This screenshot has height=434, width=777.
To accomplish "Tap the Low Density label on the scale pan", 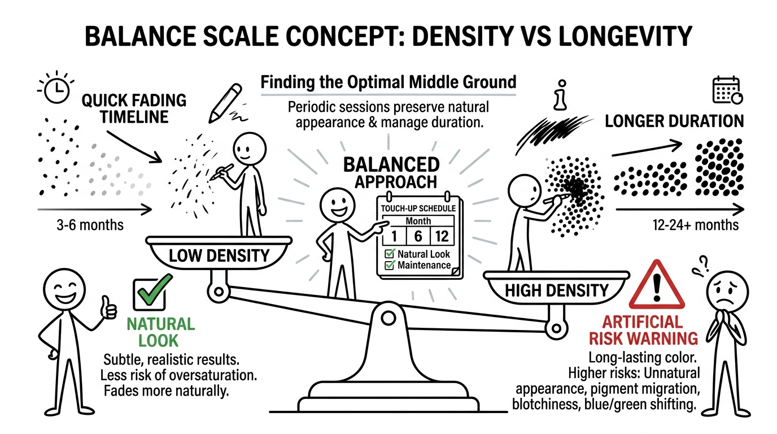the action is pyautogui.click(x=219, y=255).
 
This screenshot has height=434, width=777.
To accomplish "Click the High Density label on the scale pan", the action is pyautogui.click(x=556, y=290).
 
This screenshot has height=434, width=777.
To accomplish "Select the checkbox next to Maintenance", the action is pyautogui.click(x=389, y=265).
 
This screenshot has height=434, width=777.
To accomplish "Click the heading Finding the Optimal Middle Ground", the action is pyautogui.click(x=388, y=82).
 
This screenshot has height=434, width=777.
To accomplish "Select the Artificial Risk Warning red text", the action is pyautogui.click(x=643, y=330).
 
